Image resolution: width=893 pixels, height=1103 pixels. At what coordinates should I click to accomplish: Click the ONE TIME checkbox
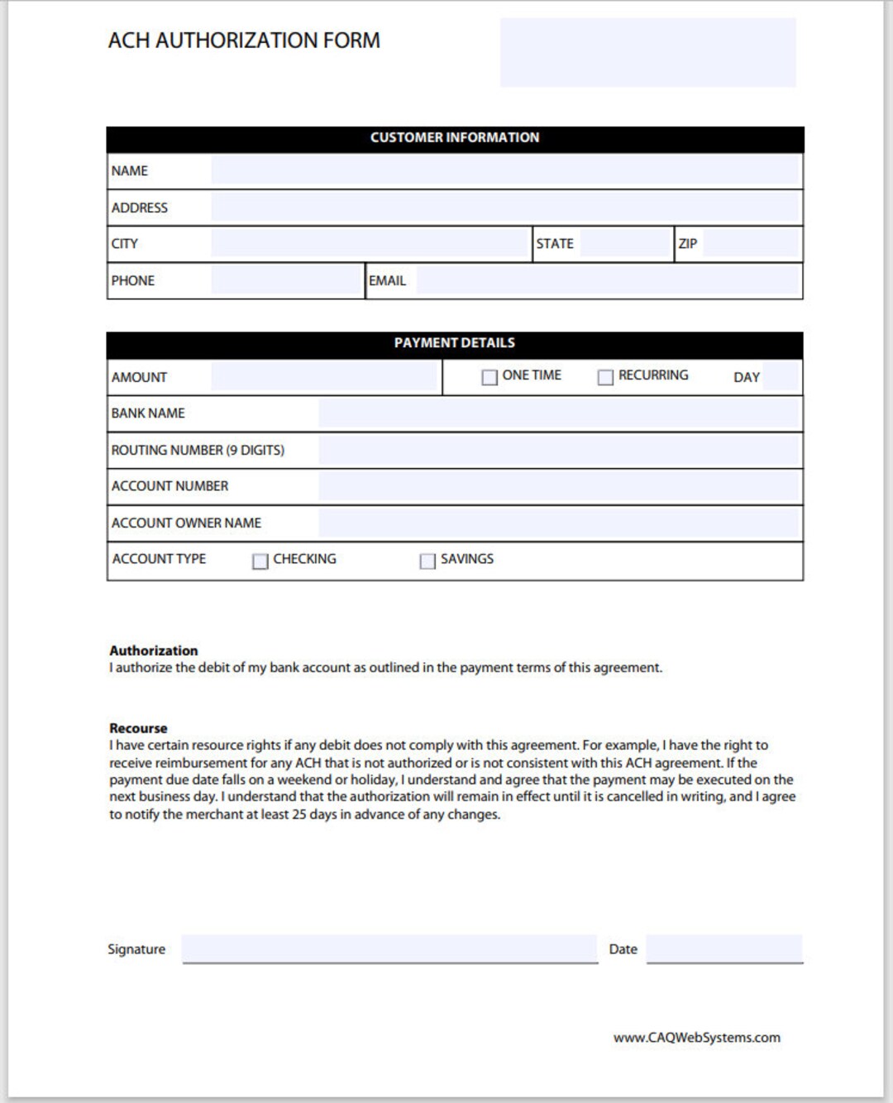pyautogui.click(x=489, y=377)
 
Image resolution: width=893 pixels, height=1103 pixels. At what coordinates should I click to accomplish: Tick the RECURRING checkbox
pyautogui.click(x=605, y=377)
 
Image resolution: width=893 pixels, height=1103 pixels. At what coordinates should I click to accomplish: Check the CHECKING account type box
pyautogui.click(x=260, y=561)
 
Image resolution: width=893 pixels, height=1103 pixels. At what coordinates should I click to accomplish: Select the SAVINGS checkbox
pyautogui.click(x=427, y=561)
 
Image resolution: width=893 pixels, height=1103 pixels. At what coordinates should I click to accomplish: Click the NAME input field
pyautogui.click(x=504, y=170)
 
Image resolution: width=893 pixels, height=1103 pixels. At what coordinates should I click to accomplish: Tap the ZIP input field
pyautogui.click(x=750, y=244)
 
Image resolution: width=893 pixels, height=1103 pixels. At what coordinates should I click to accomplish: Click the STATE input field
pyautogui.click(x=624, y=244)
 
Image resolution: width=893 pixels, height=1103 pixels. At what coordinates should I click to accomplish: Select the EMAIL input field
pyautogui.click(x=608, y=281)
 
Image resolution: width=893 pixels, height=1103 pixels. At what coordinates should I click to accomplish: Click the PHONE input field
pyautogui.click(x=286, y=281)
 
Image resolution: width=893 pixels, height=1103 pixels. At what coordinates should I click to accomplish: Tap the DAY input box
pyautogui.click(x=781, y=376)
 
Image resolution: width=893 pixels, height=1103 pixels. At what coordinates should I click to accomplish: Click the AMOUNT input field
pyautogui.click(x=323, y=376)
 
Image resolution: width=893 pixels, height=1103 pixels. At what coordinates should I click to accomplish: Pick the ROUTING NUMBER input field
pyautogui.click(x=559, y=451)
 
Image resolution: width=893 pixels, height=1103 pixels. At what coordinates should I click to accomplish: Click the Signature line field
pyautogui.click(x=389, y=948)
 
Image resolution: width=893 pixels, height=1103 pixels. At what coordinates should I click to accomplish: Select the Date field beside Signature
pyautogui.click(x=724, y=948)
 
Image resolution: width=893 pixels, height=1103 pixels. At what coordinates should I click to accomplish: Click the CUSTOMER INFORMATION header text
pyautogui.click(x=455, y=137)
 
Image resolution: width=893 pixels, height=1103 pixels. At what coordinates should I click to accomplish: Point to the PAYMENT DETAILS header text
pyautogui.click(x=455, y=342)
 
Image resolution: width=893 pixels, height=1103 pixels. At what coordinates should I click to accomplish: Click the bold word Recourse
pyautogui.click(x=138, y=728)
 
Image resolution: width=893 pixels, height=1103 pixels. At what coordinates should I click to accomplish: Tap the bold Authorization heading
pyautogui.click(x=154, y=651)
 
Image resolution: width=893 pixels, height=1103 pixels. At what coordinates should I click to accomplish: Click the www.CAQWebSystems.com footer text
pyautogui.click(x=696, y=1038)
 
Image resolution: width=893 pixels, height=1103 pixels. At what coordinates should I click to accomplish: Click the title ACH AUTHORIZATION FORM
pyautogui.click(x=244, y=41)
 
